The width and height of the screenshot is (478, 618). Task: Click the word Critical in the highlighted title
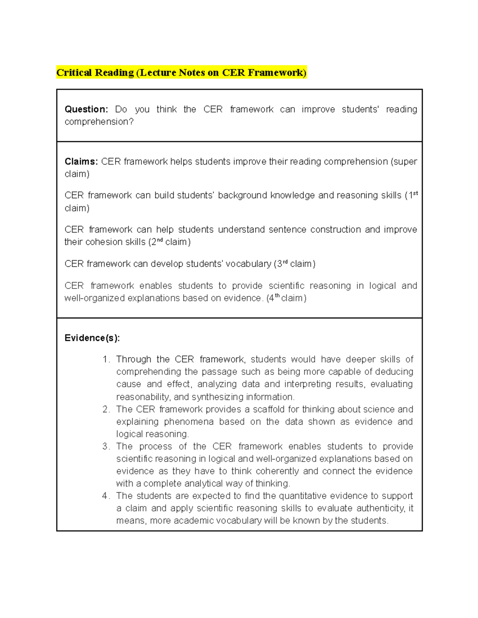75,72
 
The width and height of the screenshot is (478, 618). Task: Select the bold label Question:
86,109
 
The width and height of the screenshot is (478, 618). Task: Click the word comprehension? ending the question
99,122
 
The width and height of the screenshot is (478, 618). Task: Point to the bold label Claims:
81,162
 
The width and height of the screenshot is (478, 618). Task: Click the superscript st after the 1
415,193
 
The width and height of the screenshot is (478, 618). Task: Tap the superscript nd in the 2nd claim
160,240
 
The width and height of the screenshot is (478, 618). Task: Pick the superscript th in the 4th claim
277,296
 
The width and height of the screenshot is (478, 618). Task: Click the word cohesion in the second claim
102,242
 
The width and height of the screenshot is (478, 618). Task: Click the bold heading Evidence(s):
92,338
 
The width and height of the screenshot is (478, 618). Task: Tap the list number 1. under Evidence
106,359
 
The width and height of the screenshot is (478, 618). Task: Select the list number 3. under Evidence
106,446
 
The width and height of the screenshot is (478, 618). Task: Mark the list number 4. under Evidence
106,496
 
